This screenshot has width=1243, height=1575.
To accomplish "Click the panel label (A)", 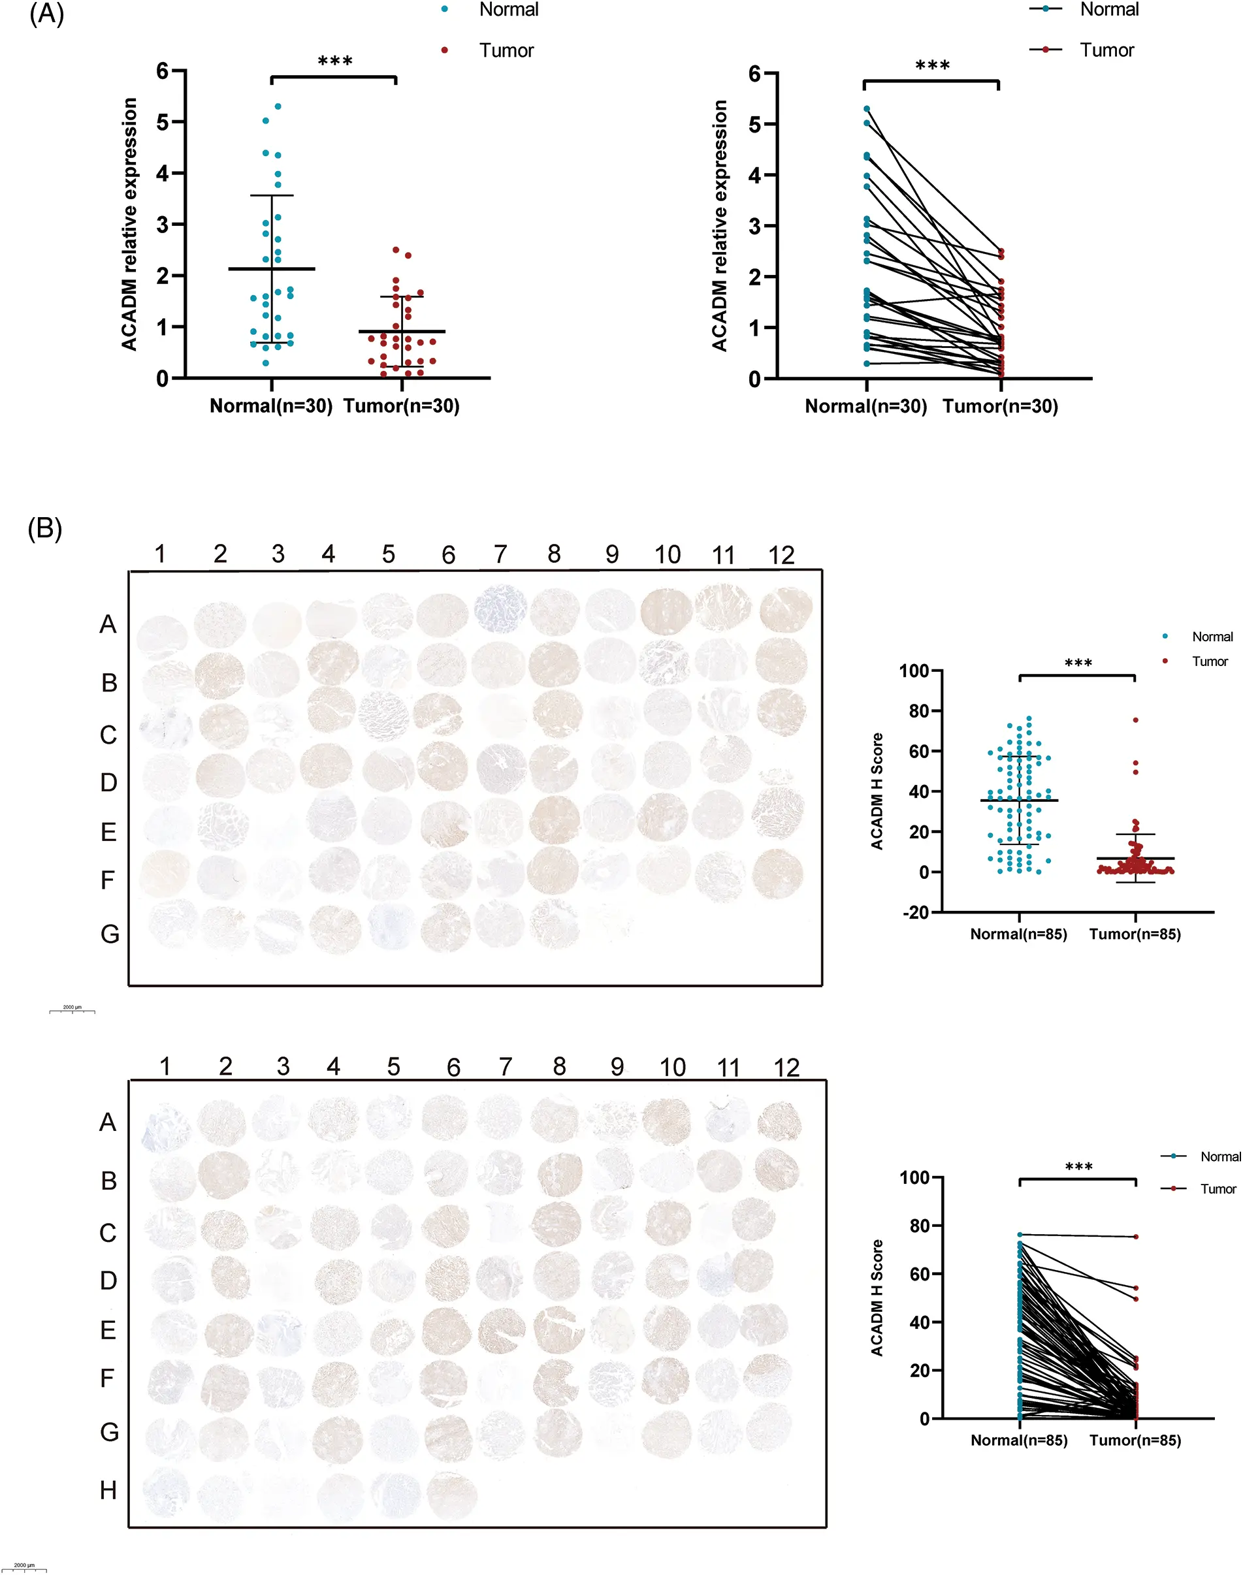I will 46,14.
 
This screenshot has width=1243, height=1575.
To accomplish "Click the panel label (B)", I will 44,529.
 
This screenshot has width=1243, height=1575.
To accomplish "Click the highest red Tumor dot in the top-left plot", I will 396,249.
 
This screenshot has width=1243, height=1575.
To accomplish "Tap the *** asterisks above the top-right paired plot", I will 932,66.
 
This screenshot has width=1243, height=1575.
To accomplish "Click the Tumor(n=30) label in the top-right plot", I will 1000,407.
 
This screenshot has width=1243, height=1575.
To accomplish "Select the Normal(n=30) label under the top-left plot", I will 270,406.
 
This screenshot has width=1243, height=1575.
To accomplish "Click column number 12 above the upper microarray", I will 781,556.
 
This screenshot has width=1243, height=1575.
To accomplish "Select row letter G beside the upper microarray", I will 109,934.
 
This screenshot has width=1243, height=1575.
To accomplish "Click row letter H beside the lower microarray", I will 108,1491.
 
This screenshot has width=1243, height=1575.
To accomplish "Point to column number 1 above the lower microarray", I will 165,1066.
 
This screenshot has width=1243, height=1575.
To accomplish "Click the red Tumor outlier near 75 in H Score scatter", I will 1135,720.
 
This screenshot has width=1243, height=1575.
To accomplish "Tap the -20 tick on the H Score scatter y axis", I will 916,913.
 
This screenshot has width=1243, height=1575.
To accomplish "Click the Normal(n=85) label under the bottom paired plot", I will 1019,1440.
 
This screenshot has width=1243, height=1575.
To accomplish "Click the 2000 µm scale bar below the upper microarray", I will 72,1010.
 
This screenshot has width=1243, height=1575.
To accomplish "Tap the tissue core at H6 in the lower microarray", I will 451,1493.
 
